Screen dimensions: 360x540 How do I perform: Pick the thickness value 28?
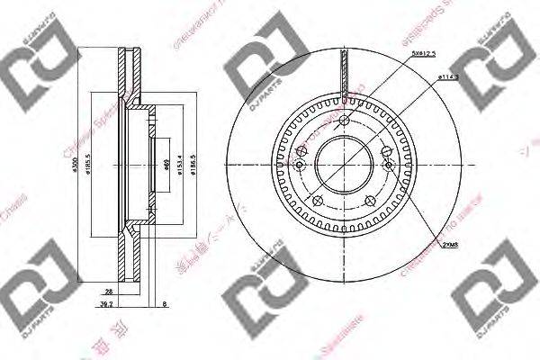coord(107,292)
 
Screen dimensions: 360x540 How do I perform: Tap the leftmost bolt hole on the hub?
coord(299,166)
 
